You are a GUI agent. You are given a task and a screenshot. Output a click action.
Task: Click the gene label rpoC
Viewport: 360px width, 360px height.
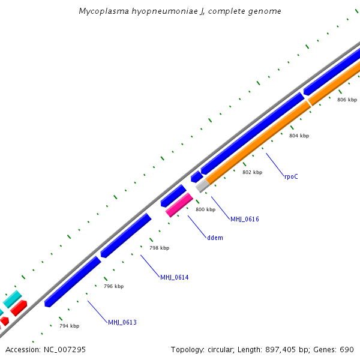point(291,176)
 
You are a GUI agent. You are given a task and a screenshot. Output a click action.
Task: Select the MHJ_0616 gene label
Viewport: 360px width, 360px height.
point(245,219)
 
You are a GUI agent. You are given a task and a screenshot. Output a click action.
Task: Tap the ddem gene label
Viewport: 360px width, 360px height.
point(215,238)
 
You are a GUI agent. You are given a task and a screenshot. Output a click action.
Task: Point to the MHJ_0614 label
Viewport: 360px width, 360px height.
point(174,277)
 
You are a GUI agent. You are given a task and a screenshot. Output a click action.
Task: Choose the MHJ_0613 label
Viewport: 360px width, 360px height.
point(122,322)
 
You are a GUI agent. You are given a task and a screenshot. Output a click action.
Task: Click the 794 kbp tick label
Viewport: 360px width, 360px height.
point(69,326)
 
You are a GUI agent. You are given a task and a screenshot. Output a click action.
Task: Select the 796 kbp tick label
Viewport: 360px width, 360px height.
point(113,286)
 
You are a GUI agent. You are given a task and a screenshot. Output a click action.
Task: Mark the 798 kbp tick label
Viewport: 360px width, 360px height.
point(159,248)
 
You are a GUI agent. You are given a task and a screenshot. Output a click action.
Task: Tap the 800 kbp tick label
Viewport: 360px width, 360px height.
point(205,209)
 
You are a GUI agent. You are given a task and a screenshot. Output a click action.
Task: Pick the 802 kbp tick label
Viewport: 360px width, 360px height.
point(252,172)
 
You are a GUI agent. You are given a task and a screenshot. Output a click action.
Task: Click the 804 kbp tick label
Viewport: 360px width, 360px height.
point(299,136)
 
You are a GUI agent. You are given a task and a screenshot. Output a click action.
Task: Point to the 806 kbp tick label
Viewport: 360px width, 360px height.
point(347,100)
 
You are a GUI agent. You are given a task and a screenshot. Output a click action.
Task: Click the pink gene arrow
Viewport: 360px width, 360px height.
point(179,205)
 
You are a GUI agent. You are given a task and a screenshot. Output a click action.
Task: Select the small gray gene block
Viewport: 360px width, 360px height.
point(202,185)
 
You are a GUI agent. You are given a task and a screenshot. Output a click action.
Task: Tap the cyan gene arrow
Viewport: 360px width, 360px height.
point(13,299)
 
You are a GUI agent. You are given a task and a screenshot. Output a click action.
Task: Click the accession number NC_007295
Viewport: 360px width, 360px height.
point(64,349)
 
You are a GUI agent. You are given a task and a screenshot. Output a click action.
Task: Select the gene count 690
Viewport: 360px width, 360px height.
point(347,349)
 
